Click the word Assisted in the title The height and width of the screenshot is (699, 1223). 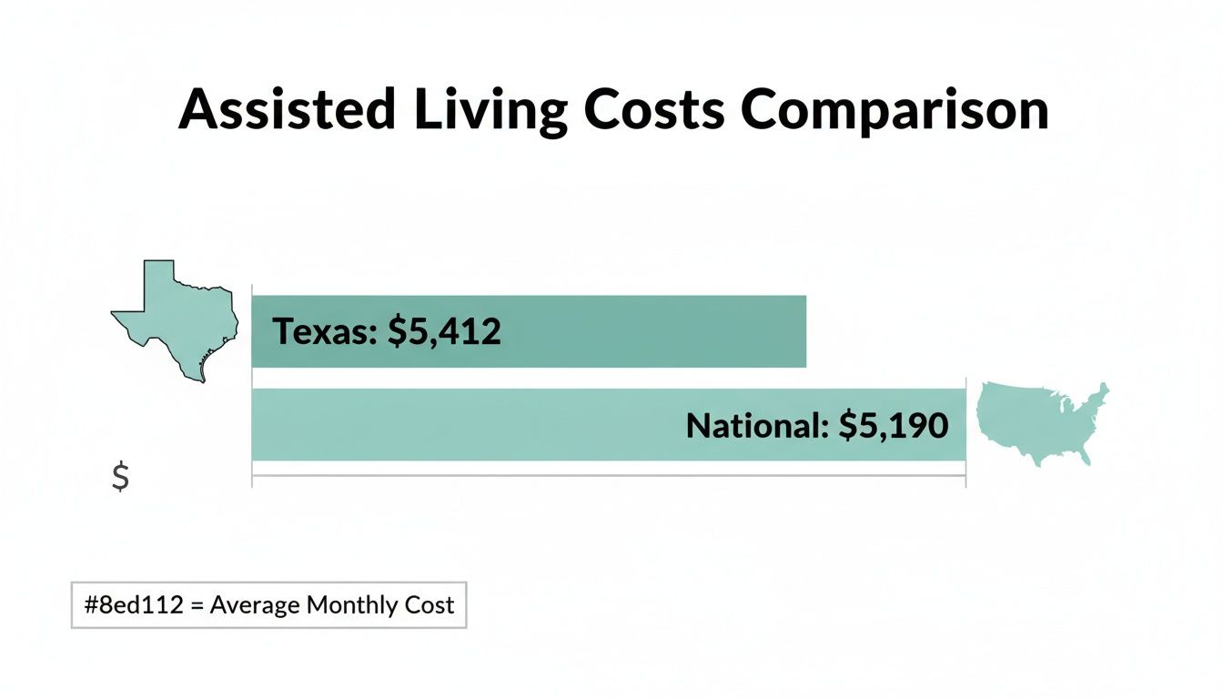click(287, 111)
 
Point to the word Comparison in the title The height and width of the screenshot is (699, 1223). click(895, 111)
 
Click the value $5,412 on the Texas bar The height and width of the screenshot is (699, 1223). click(444, 332)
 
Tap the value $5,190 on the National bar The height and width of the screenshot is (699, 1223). click(893, 425)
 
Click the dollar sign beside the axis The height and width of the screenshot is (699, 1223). click(119, 477)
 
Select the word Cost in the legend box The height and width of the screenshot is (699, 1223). click(430, 605)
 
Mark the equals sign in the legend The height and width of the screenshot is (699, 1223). click(197, 605)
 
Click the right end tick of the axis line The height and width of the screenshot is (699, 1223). click(965, 476)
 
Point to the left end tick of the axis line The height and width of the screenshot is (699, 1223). click(252, 476)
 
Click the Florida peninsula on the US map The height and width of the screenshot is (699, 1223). click(1084, 455)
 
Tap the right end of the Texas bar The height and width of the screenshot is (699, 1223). click(804, 331)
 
